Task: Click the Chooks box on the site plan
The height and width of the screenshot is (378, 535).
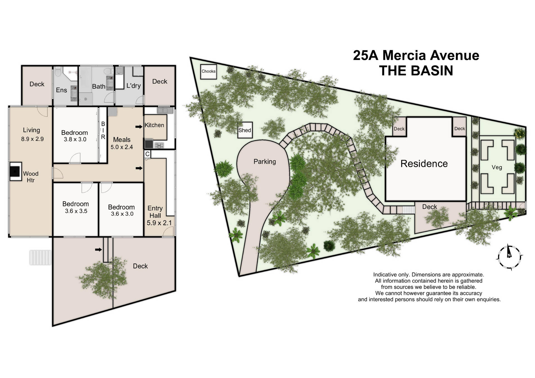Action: [208, 72]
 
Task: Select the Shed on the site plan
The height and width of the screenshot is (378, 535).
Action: [245, 130]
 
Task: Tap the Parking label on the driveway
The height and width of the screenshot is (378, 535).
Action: [264, 161]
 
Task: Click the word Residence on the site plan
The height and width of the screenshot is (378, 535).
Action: [424, 164]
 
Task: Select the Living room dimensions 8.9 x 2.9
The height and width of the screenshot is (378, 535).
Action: [32, 139]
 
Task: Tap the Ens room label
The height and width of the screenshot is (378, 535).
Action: [61, 90]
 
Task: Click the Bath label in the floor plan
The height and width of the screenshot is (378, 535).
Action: [99, 87]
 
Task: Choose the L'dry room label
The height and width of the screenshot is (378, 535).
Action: [133, 86]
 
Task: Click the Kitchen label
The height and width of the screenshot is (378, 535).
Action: [154, 125]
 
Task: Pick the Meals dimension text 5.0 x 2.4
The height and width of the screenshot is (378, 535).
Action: [122, 147]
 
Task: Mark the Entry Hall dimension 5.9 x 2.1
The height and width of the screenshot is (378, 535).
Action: [159, 223]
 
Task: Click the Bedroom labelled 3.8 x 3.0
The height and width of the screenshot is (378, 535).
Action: [75, 136]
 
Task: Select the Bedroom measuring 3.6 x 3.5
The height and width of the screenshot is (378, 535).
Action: [76, 207]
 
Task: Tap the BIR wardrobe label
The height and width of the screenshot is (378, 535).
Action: [103, 130]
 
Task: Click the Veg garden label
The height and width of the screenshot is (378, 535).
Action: [497, 167]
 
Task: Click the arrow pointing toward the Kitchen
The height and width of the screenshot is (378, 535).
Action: [139, 127]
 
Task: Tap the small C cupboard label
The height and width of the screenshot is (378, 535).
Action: [147, 154]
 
